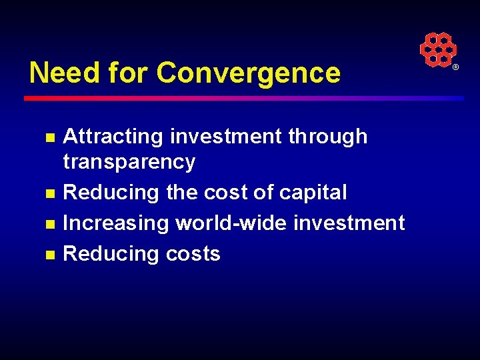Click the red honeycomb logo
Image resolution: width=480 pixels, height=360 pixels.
tap(437, 49)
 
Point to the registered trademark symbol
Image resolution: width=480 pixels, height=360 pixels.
tap(456, 68)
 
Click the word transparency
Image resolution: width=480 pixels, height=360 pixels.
tap(129, 162)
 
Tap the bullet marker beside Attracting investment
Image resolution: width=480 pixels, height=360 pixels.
tap(49, 138)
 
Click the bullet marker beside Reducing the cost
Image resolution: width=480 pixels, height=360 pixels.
tap(49, 194)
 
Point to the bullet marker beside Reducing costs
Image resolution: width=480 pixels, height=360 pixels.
tap(49, 255)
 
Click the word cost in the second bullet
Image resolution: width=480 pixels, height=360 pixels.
tap(225, 193)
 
